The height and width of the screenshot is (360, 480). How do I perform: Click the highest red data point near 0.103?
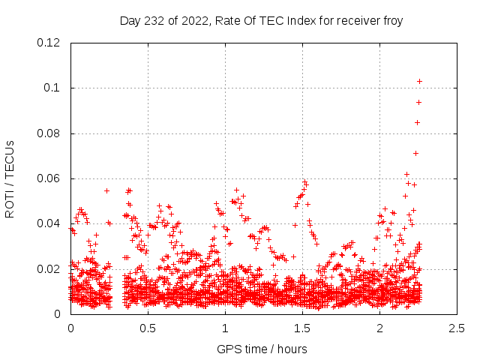click(x=420, y=81)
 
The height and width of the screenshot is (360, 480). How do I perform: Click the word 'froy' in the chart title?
click(x=392, y=21)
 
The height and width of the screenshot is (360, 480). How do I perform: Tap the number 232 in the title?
click(x=155, y=21)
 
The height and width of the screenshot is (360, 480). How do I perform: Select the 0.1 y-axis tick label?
click(x=53, y=88)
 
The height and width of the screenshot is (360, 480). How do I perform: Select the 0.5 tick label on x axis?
click(x=148, y=328)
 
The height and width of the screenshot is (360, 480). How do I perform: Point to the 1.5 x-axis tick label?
click(x=302, y=328)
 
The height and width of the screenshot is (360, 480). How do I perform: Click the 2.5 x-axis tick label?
click(x=457, y=328)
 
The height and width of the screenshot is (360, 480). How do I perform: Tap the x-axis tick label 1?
click(x=225, y=328)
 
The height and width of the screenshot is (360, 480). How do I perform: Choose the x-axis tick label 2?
click(x=379, y=328)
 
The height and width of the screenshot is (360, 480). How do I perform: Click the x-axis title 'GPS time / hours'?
click(x=262, y=349)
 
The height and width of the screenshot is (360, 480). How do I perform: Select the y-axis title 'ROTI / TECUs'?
click(x=10, y=179)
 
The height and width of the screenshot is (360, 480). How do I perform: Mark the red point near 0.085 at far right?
click(x=418, y=122)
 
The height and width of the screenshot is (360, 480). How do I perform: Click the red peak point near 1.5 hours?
click(x=304, y=181)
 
